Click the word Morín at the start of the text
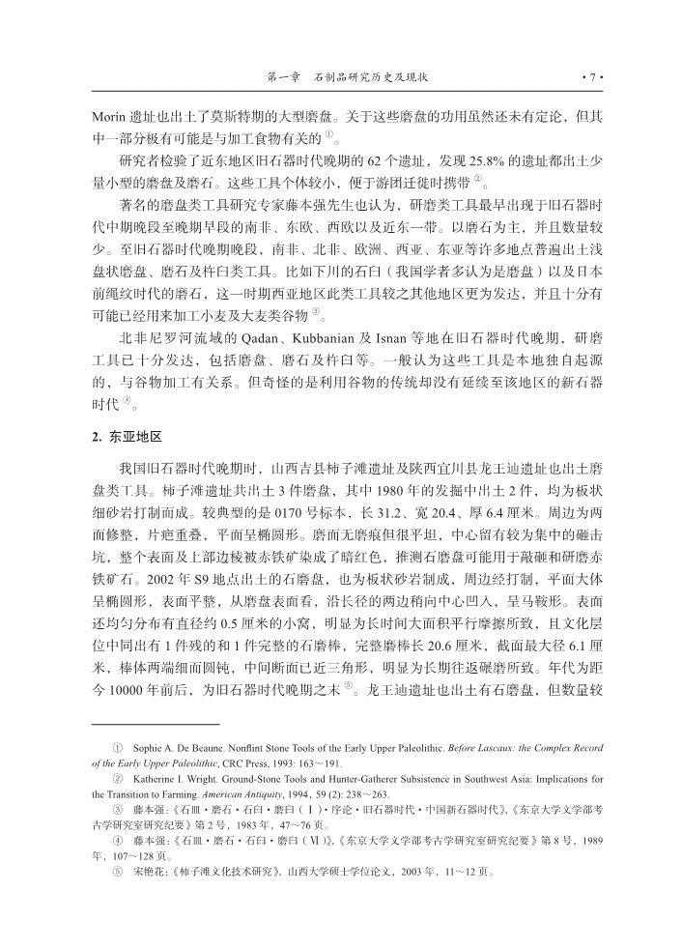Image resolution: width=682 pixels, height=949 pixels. point(108,116)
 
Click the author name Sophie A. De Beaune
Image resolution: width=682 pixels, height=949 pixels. point(173,748)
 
